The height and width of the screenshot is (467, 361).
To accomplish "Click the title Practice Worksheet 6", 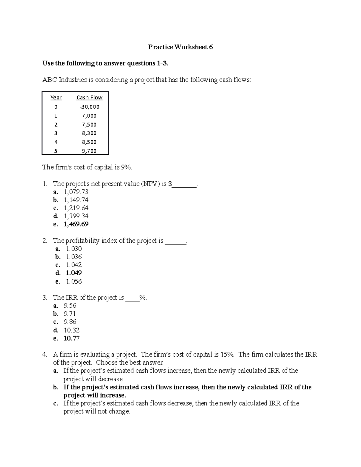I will coord(180,47).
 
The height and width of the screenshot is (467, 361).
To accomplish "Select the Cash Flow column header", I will coord(89,97).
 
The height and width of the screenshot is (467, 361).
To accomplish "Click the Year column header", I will coord(56,97).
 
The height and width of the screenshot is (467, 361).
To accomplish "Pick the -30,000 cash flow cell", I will coord(89,107).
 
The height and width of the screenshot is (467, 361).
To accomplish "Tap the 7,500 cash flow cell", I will coord(89,124).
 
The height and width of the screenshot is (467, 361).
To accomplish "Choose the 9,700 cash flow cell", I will coord(89,151).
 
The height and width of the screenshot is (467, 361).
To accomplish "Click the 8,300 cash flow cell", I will coord(89,133).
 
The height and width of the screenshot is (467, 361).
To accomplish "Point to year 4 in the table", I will coord(56,142).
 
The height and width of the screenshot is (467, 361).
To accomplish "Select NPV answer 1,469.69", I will coord(76,224).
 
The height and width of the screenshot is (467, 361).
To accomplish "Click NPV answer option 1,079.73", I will coord(76,192).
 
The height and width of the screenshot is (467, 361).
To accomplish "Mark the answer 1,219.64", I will coord(76,208).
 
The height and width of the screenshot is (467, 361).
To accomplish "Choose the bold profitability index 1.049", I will coord(74,273).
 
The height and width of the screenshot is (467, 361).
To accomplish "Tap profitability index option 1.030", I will coord(74,249).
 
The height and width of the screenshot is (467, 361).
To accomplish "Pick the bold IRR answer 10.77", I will coord(72,338).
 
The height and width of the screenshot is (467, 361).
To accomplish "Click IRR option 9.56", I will coord(70,306).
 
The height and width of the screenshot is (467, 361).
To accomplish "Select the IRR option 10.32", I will coord(72,330).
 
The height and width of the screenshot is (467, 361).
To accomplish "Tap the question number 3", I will coord(45,298).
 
